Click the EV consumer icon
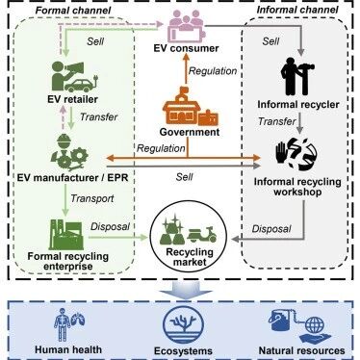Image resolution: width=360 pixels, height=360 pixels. pos(186,26)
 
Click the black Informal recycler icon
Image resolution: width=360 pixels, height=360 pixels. pos(297,76)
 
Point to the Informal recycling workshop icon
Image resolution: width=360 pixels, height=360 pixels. pos(296,154)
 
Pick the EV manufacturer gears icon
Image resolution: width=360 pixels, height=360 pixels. pos(69,152)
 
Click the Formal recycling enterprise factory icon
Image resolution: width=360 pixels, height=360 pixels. pos(66,235)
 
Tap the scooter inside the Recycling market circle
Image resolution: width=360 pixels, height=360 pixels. pos(202,235)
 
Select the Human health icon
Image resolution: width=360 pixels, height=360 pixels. pos(69,324)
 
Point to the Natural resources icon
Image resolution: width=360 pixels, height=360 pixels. pos(299,325)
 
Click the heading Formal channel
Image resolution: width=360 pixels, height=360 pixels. pos(73,11)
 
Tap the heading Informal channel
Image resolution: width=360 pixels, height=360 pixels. pos(297,10)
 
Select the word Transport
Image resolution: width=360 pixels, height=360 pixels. pos(92,198)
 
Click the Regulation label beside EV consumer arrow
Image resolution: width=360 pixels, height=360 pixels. pos(213,71)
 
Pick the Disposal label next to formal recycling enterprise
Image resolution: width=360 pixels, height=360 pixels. pos(110,226)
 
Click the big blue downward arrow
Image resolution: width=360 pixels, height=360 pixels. pos(187,291)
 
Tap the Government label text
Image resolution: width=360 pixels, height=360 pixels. pos(190,132)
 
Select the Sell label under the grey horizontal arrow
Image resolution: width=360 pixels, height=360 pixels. pos(185,177)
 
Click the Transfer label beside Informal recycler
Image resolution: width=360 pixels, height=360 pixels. pos(276,121)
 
